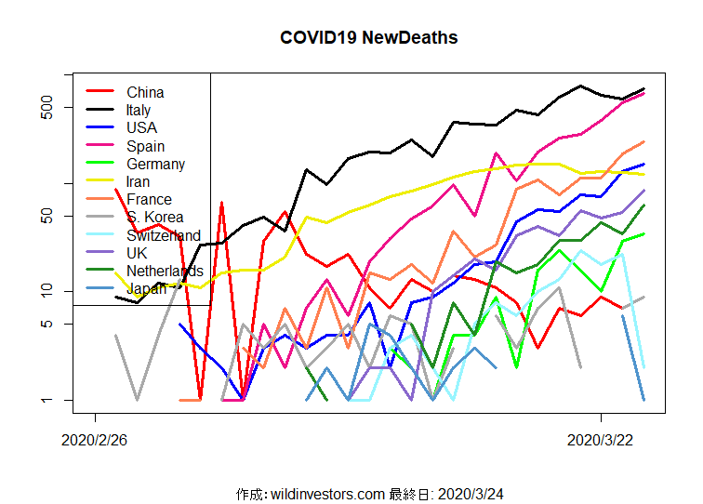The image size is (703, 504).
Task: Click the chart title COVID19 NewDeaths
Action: pos(368,38)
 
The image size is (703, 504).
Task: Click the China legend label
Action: pos(145,92)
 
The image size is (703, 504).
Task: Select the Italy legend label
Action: pos(139,110)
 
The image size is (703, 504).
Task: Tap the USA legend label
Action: pos(141,127)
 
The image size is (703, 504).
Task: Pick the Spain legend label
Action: pos(145,146)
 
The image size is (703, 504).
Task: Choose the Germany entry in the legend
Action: pos(155,164)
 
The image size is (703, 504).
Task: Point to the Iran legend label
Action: pos(138,181)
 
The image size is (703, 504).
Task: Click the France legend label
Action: pos(149,199)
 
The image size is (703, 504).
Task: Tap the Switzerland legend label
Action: pos(163,235)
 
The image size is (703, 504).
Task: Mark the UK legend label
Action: pos(136,253)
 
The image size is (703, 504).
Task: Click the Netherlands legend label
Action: pos(165,271)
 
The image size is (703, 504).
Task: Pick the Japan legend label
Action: pos(146,288)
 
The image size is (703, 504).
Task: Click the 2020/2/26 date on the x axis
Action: pos(94,440)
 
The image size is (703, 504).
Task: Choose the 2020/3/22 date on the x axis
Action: pos(600,440)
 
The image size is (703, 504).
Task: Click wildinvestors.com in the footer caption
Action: pos(327,493)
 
